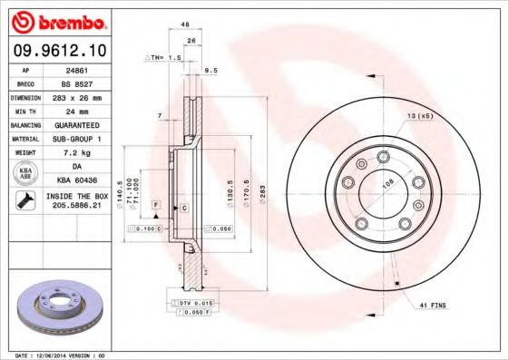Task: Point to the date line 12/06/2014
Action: pos(60,355)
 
